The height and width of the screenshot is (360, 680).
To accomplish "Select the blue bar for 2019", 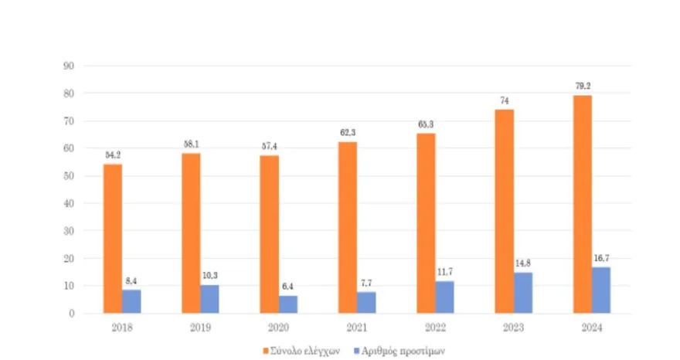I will click(x=209, y=299).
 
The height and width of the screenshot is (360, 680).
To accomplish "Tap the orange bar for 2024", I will click(x=582, y=204).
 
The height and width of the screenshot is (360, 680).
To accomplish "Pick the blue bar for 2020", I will click(x=288, y=304).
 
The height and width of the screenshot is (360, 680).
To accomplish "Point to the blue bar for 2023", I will click(x=523, y=292).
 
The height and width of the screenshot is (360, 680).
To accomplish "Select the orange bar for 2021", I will click(x=348, y=227).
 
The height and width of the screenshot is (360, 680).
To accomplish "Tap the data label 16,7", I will click(x=601, y=258).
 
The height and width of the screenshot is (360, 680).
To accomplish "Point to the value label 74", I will click(x=504, y=100).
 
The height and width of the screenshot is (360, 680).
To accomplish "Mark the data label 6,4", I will click(x=288, y=287).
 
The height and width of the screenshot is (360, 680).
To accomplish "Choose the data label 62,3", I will click(x=348, y=133).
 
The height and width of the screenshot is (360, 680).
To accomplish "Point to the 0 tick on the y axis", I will click(x=70, y=313).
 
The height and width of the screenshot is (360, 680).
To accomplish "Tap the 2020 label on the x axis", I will click(x=278, y=327).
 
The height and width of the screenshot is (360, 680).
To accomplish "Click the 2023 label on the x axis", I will click(x=513, y=327).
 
